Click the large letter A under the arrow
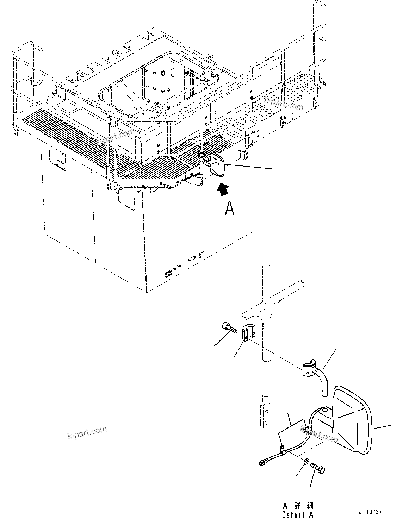[x=229, y=208]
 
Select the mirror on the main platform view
[x=217, y=164]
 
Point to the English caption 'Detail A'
[x=297, y=515]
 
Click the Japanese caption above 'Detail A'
[x=297, y=506]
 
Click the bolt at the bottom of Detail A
[x=318, y=468]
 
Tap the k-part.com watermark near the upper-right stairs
[x=284, y=103]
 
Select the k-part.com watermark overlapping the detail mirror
[x=319, y=433]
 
